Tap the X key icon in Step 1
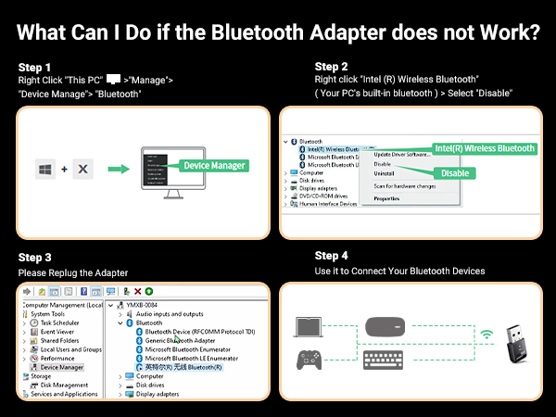pos(82,169)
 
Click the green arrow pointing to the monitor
pos(118,169)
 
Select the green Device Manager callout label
pos(213,165)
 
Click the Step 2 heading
pos(332,67)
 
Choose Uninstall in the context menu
pos(384,173)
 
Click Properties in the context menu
pos(386,198)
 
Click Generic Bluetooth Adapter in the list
pos(180,340)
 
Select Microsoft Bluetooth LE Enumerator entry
pos(192,358)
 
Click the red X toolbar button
pos(139,291)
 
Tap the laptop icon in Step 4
pos(309,326)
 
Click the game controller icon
pos(309,360)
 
